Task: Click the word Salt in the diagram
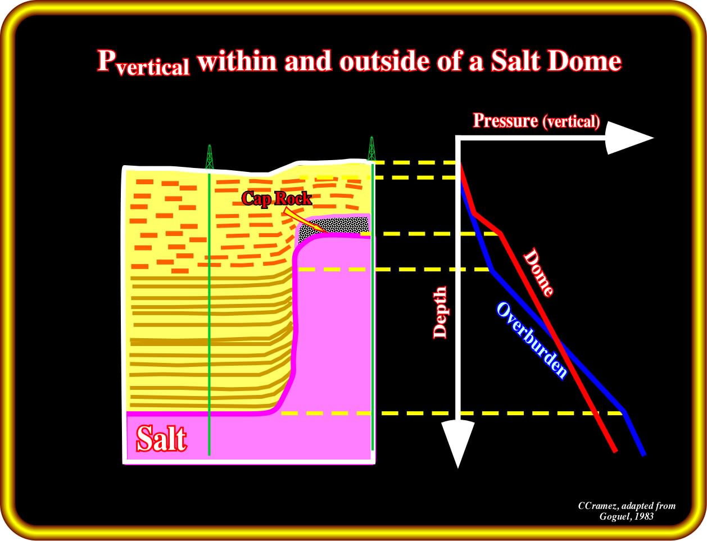162,439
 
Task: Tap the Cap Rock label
277,198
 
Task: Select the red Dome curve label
538,272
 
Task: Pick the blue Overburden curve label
532,340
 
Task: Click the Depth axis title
440,312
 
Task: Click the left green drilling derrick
210,157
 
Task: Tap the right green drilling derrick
371,148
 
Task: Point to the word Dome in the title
584,61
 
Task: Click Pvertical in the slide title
143,63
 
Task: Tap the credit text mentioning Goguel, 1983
626,511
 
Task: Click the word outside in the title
384,61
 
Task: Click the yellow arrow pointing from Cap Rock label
304,221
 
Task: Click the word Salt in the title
515,61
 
